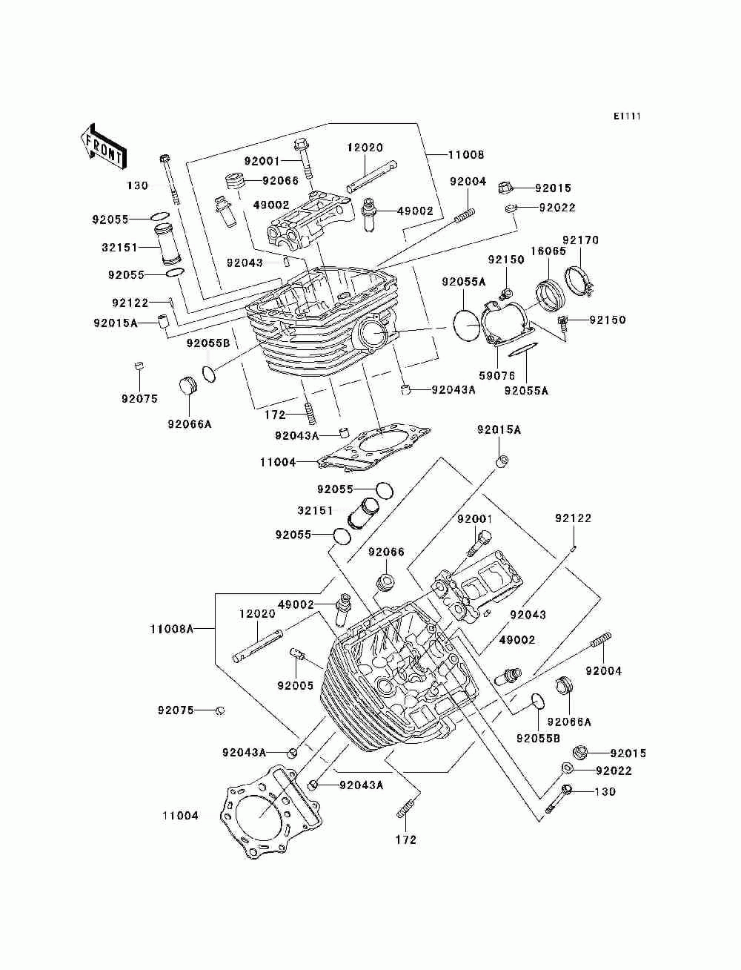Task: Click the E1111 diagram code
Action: (x=626, y=116)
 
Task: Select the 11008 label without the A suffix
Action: (x=465, y=155)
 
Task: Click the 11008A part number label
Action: (x=172, y=629)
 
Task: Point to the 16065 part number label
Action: (x=548, y=251)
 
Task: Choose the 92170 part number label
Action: (x=580, y=240)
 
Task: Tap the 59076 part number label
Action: (x=497, y=376)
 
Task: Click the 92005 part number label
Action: (x=295, y=685)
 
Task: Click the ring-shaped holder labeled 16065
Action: (x=551, y=295)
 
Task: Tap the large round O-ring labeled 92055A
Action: (x=467, y=325)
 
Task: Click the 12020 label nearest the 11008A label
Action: (x=257, y=614)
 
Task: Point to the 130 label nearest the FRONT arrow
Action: (x=137, y=185)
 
